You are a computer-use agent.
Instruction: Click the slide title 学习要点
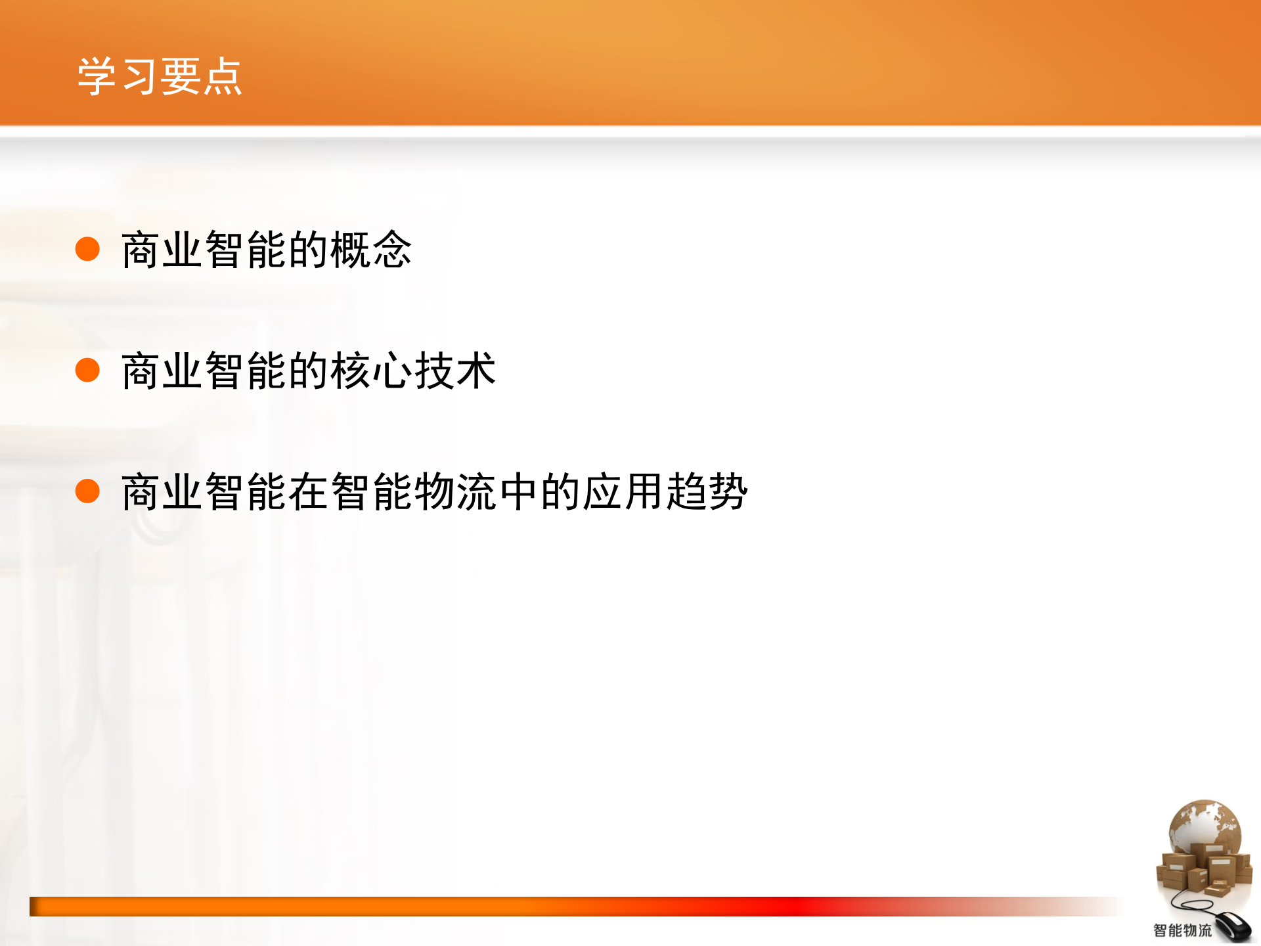[x=160, y=77]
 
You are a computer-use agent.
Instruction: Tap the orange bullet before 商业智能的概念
[x=87, y=249]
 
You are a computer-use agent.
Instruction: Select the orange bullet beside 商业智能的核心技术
[x=87, y=370]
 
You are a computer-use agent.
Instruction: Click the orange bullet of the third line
[x=87, y=491]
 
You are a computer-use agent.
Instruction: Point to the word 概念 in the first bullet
[x=371, y=250]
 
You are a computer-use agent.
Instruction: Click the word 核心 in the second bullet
[x=371, y=371]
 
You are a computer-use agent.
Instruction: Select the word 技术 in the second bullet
[x=454, y=371]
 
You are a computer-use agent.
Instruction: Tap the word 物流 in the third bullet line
[x=454, y=491]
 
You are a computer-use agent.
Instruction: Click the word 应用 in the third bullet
[x=623, y=491]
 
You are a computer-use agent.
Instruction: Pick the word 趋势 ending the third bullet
[x=707, y=491]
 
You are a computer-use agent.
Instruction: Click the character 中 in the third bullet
[x=518, y=491]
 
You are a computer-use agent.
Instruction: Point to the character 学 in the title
[x=97, y=77]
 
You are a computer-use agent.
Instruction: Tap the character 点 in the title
[x=223, y=77]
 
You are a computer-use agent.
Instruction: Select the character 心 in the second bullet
[x=392, y=371]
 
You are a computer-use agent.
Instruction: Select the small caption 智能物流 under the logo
[x=1182, y=930]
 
